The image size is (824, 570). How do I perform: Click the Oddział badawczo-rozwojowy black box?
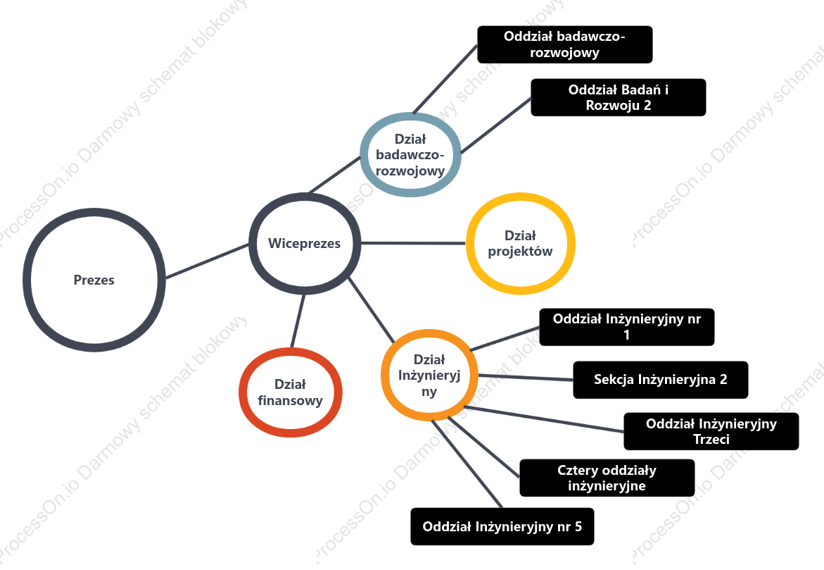(x=565, y=44)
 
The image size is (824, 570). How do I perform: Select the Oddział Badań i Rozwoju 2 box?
(x=619, y=97)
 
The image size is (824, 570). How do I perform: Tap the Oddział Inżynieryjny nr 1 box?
(x=627, y=327)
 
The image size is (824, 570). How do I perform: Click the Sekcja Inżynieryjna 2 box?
(x=661, y=380)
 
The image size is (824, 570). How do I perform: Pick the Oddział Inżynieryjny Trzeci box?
(x=711, y=432)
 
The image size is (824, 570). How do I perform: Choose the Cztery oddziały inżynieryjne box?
(x=607, y=478)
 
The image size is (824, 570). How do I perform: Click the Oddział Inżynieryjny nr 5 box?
(x=502, y=526)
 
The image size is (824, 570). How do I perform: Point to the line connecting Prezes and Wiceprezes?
(x=207, y=261)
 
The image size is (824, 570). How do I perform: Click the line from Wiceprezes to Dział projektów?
(x=414, y=243)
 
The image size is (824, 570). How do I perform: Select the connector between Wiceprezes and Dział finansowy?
(x=298, y=321)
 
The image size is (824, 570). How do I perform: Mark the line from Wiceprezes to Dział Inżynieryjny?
(x=371, y=310)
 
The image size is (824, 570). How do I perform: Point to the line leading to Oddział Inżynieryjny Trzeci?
(x=543, y=419)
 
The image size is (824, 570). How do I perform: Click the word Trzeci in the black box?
(x=711, y=440)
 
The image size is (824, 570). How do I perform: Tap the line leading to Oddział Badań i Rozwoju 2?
(x=496, y=125)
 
